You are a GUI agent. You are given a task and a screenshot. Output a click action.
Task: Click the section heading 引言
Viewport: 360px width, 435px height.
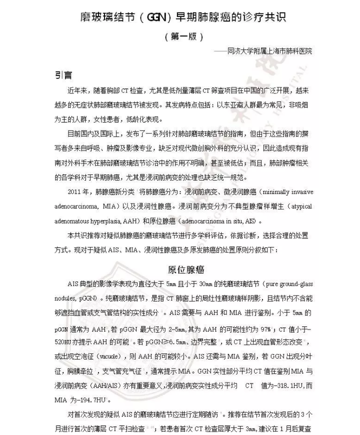(x=63, y=75)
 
